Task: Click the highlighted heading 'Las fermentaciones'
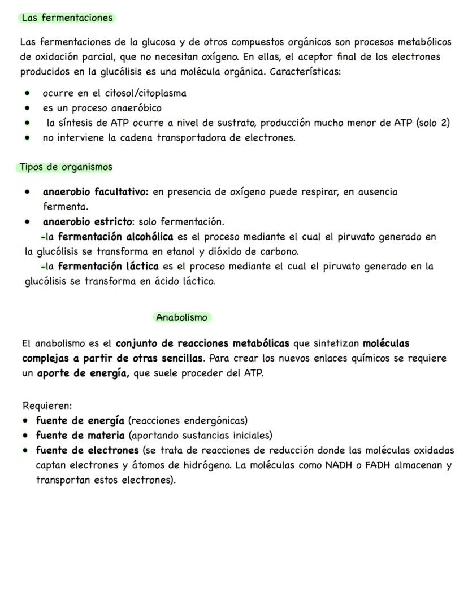(x=67, y=18)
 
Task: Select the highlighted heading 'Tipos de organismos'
(x=66, y=167)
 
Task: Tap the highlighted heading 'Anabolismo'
(x=181, y=317)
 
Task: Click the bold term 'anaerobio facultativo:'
(x=95, y=191)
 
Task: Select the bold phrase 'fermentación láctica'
(x=108, y=265)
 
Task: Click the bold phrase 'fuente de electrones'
(x=87, y=450)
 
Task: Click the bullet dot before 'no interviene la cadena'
(x=27, y=137)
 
